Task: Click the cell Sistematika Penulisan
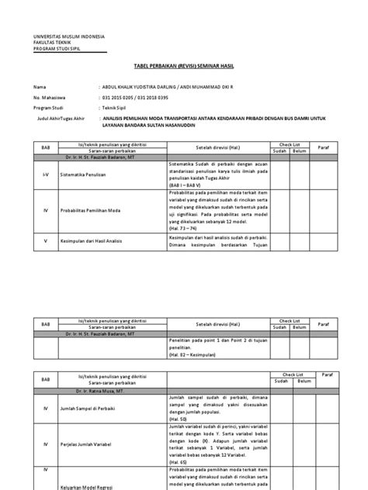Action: (x=88, y=177)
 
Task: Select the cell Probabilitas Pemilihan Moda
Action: (x=96, y=209)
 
